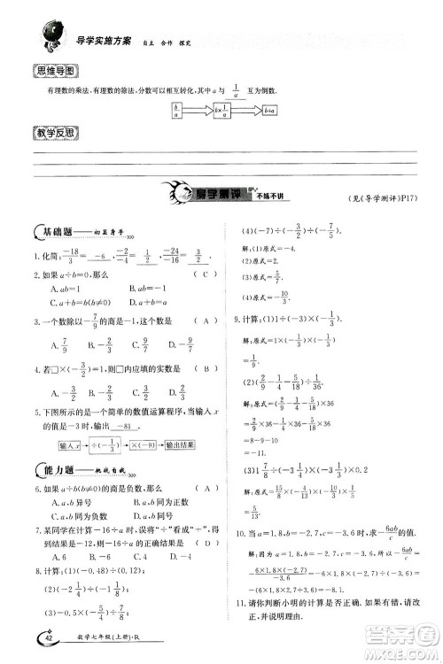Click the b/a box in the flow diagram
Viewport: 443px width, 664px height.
pyautogui.click(x=177, y=112)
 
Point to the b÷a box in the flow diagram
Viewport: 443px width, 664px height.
pyautogui.click(x=270, y=112)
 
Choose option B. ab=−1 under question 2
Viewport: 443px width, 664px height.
pyautogui.click(x=151, y=288)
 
